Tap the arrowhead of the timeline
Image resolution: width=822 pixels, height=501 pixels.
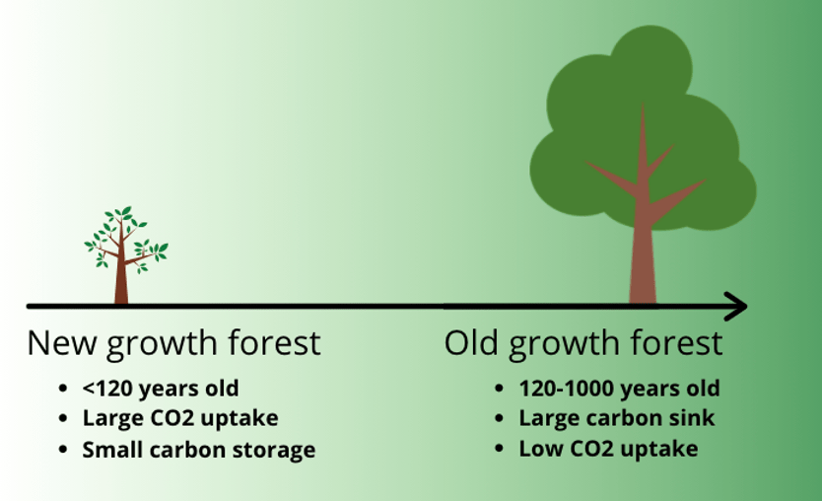click(x=736, y=307)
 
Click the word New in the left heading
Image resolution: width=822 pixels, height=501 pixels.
click(x=62, y=343)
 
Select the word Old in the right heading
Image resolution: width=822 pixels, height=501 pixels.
click(x=471, y=343)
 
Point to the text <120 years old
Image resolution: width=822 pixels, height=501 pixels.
click(x=161, y=389)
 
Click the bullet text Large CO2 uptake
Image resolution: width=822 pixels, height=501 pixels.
click(x=180, y=418)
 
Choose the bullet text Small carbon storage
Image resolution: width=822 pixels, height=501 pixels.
click(x=199, y=450)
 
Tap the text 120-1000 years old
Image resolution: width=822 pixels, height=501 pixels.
click(x=619, y=389)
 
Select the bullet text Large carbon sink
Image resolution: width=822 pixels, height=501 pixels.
click(x=617, y=418)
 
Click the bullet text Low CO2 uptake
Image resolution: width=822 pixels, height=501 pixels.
click(x=608, y=449)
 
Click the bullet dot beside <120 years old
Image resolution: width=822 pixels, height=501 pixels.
click(x=63, y=389)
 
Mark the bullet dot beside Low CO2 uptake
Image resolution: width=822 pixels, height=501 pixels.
click(x=499, y=449)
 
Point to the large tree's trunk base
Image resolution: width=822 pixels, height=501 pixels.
click(x=643, y=294)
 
